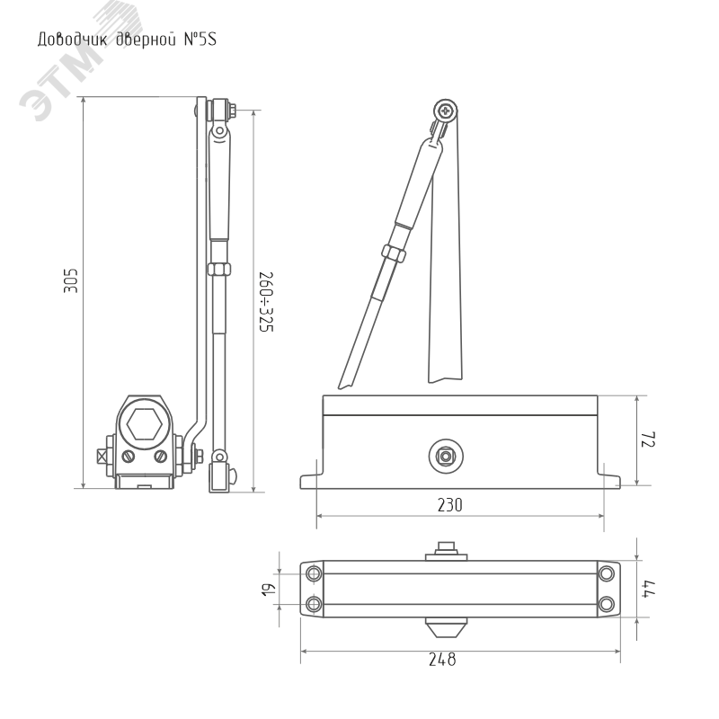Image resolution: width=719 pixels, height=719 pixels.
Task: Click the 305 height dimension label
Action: coord(71,280)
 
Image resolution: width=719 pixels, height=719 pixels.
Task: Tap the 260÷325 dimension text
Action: coord(266,302)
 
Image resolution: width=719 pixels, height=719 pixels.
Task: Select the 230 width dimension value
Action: coord(450,505)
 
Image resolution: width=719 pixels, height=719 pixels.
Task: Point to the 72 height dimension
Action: coord(648,439)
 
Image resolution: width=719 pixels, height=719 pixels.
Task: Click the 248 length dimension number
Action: coord(442,660)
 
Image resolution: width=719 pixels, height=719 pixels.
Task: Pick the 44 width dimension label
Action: coord(649,589)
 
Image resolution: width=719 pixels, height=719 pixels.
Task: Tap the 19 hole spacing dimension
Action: coord(269,590)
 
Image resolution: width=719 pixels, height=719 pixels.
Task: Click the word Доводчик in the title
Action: coord(73,40)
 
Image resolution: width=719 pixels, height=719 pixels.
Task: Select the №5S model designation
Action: coord(200,39)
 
